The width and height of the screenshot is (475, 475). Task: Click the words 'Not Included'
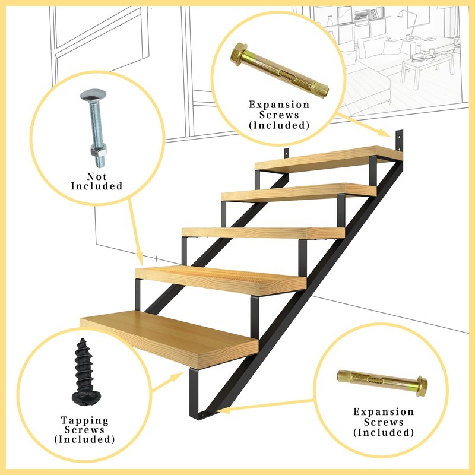pos(96,181)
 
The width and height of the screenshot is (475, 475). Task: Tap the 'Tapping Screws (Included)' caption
pos(84,430)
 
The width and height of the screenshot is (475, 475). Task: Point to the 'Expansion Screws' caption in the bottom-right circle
pos(384,422)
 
